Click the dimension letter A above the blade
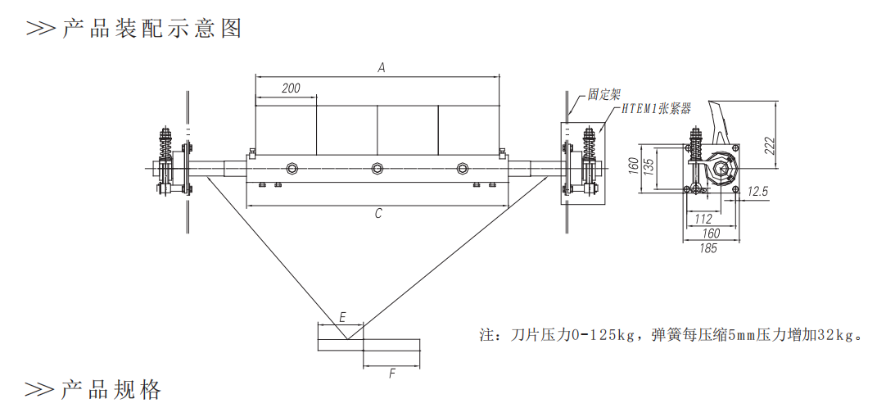(x=382, y=68)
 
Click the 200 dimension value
(x=291, y=88)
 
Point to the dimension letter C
(x=378, y=214)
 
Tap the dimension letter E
(x=341, y=318)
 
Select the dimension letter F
(x=392, y=374)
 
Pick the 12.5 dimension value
(x=757, y=192)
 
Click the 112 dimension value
(x=703, y=220)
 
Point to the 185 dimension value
(x=708, y=247)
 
